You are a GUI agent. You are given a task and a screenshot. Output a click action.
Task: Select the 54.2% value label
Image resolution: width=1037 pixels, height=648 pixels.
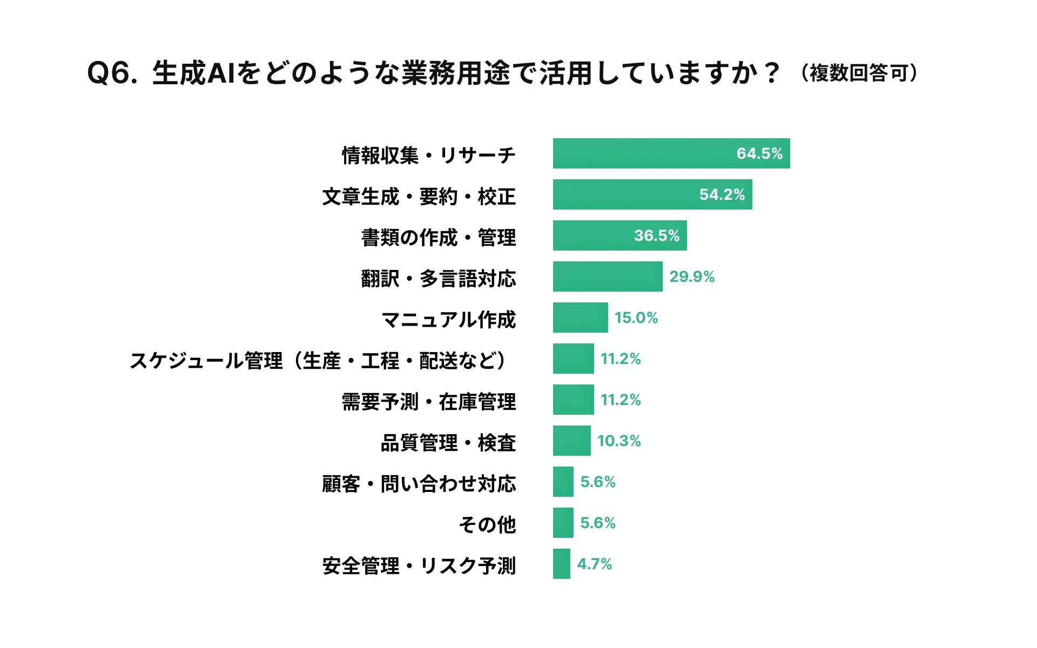(x=722, y=194)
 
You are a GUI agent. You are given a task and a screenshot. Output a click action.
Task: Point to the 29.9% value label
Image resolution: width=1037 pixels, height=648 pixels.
(x=692, y=276)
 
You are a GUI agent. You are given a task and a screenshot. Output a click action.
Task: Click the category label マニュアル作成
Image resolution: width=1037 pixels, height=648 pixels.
(x=449, y=320)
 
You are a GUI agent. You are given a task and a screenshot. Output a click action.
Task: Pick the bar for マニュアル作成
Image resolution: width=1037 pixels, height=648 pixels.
(x=580, y=318)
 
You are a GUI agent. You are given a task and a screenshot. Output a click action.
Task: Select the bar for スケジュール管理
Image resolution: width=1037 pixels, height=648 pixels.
(x=573, y=359)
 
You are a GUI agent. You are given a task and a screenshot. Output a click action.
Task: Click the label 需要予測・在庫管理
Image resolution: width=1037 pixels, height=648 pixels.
(x=429, y=402)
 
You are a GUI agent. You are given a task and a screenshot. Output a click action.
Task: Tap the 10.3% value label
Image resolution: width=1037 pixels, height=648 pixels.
(x=619, y=441)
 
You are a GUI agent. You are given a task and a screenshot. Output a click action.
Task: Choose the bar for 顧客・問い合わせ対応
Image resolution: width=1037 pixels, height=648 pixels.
(x=563, y=482)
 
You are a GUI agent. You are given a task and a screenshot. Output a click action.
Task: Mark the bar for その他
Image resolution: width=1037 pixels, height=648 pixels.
(x=563, y=523)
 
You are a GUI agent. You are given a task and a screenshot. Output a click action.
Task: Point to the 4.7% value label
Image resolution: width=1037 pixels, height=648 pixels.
(x=594, y=564)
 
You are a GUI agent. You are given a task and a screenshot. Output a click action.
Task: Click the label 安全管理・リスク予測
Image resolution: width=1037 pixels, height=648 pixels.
(x=419, y=566)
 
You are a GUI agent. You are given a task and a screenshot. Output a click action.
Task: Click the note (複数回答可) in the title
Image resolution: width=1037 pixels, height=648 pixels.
(x=859, y=73)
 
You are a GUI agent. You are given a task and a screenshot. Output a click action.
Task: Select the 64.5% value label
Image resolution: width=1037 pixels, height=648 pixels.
(x=759, y=153)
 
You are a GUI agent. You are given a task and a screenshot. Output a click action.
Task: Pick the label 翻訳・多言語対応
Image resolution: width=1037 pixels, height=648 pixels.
(x=439, y=279)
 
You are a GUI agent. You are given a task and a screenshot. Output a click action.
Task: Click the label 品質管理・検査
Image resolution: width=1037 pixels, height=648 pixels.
(x=448, y=443)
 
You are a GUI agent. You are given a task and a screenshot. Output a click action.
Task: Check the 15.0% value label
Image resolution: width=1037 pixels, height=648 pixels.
(x=636, y=318)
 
